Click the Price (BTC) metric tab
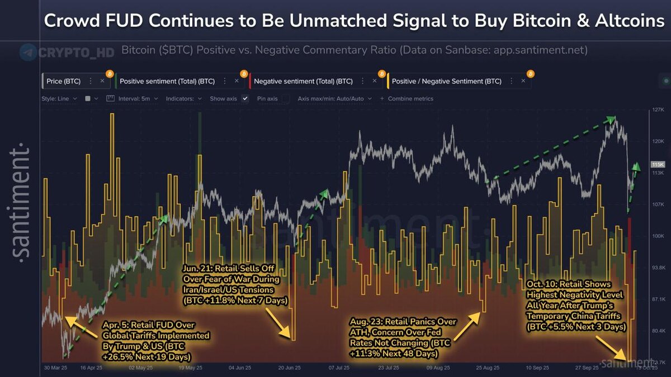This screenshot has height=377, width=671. coord(63,81)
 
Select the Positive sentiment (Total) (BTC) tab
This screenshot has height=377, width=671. coord(167,81)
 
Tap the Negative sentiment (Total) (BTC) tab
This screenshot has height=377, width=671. coord(303,81)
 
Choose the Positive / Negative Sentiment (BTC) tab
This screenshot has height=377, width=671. coord(446,81)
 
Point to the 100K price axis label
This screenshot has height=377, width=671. coord(656,236)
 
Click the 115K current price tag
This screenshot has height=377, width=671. coord(658,165)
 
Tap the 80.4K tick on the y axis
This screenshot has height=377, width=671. coord(656,331)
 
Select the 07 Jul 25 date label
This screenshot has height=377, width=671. coord(339,368)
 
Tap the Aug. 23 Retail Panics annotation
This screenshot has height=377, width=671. coord(403,338)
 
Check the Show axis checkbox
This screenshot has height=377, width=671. coord(244,98)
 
